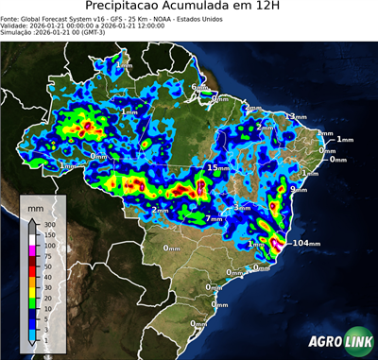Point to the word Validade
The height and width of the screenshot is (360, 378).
[19, 26]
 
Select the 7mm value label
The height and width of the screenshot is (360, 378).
[215, 218]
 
